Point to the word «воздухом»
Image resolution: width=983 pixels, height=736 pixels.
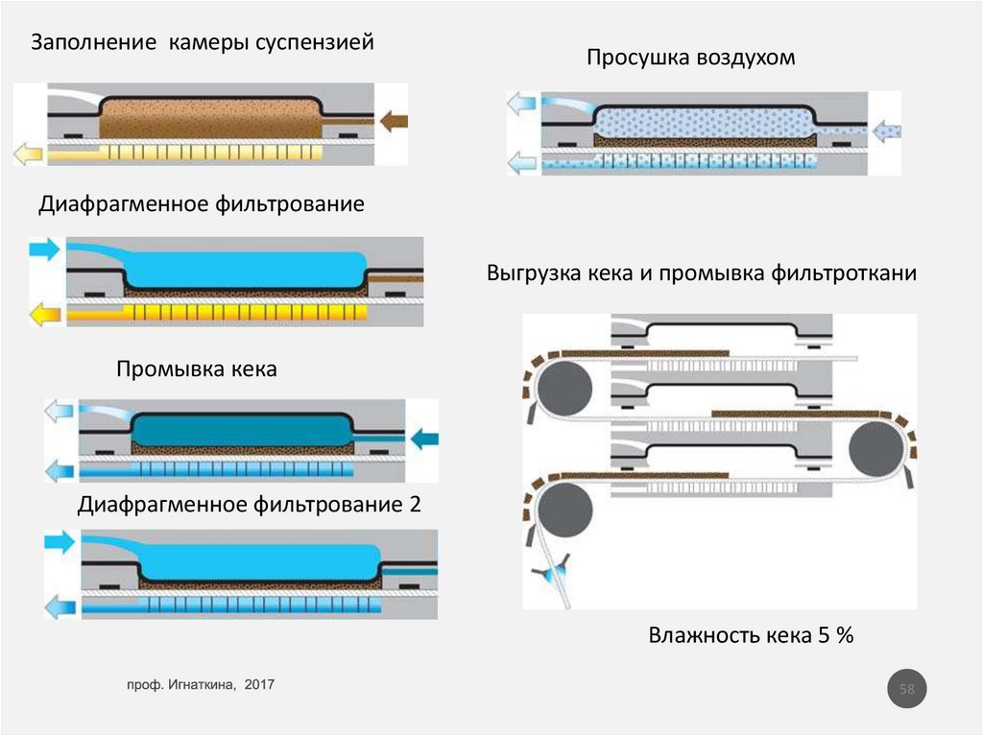tap(747, 59)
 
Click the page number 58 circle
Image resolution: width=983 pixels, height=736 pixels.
tap(906, 689)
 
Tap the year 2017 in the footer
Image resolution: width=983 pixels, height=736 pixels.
tap(260, 684)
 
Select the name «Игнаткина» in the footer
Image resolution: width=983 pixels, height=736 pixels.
tap(201, 684)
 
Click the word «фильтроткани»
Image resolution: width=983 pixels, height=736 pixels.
tap(844, 273)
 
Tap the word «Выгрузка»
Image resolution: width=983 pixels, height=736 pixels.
tap(531, 273)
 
